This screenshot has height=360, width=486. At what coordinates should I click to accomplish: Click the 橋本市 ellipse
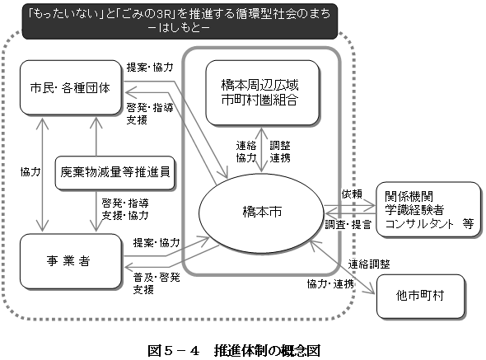262,211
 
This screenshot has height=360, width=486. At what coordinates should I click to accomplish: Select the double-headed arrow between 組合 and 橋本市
260,149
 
